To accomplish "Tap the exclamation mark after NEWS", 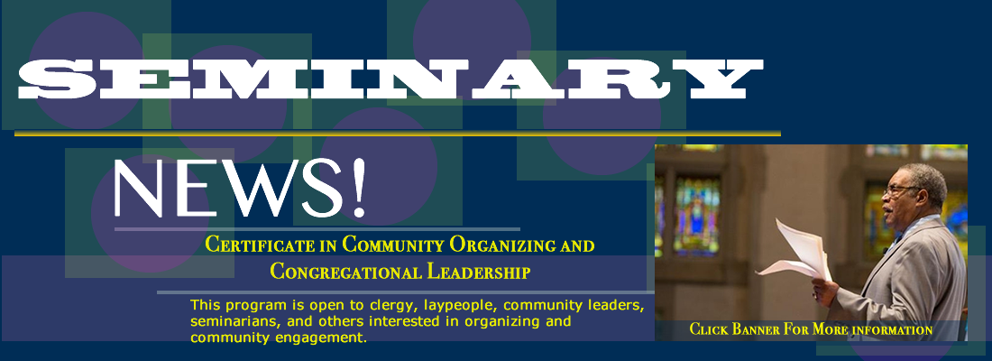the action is tap(359, 187).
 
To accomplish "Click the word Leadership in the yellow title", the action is tap(478, 272).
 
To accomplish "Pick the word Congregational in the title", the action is tap(345, 273).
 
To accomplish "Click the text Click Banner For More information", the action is tap(811, 329).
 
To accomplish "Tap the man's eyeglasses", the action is tap(899, 189).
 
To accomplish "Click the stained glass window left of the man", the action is tap(696, 216).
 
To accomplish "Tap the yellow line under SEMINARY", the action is tap(398, 133).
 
